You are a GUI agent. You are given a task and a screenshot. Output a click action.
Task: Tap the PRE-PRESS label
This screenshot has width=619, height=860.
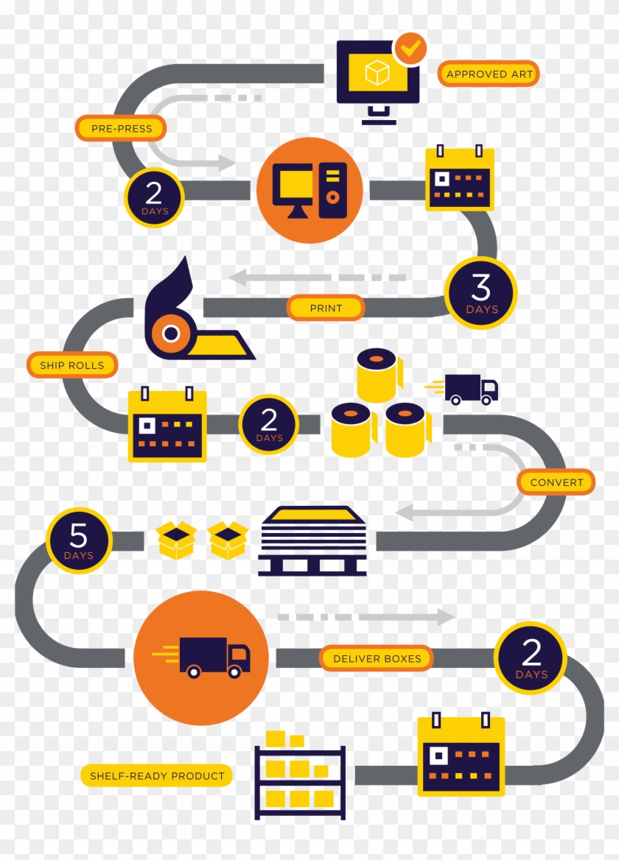[x=121, y=128]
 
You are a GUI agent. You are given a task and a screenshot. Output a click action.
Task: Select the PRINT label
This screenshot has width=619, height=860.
[x=326, y=308]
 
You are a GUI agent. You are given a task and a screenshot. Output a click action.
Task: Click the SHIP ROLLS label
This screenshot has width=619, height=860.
[x=71, y=365]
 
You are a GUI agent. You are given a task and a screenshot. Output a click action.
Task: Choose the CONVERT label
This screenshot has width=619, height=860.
[x=556, y=482]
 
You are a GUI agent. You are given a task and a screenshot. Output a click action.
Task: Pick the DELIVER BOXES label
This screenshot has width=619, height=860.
[x=377, y=658]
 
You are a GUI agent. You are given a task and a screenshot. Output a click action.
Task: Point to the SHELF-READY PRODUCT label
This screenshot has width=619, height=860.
[x=157, y=775]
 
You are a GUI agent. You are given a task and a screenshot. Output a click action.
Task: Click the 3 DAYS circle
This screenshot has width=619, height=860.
[x=482, y=293]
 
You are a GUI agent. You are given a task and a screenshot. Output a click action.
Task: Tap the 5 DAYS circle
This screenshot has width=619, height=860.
[x=78, y=540]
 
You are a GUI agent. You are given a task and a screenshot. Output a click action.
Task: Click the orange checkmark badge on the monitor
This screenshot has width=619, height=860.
[x=410, y=49]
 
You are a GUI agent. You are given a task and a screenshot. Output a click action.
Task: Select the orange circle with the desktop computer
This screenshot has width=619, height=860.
[x=309, y=190]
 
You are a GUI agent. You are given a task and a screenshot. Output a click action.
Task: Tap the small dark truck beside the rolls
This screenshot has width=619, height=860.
[x=471, y=389]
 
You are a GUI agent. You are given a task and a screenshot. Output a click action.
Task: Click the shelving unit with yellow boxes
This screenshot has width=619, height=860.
[x=299, y=776]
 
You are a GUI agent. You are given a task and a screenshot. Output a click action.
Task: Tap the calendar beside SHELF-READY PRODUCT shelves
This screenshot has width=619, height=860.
[x=461, y=755]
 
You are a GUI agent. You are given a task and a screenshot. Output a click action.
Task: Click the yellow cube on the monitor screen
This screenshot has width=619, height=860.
[x=377, y=72]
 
